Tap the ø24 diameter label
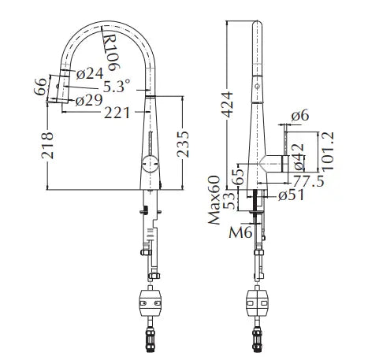[90, 73]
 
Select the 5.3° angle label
[117, 86]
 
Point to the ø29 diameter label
[89, 100]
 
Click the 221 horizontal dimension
[117, 113]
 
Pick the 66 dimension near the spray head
[40, 87]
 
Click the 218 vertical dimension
[47, 145]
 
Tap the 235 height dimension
[183, 144]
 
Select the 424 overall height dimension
[227, 104]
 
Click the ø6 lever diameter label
[300, 116]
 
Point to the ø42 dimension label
[299, 157]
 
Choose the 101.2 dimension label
[328, 151]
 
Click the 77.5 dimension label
[308, 181]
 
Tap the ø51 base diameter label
[291, 195]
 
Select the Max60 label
[214, 200]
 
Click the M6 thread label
[240, 232]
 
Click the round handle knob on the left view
[151, 164]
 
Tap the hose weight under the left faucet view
[150, 302]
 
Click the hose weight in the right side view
[257, 302]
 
